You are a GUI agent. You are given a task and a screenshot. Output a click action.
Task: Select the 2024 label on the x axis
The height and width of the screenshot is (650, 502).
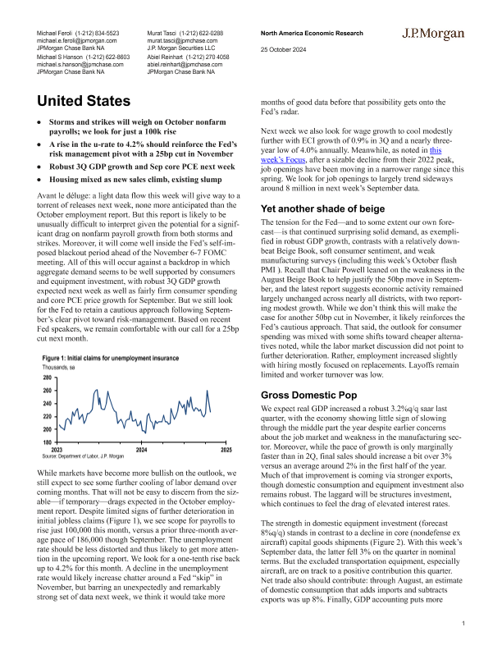click(x=141, y=451)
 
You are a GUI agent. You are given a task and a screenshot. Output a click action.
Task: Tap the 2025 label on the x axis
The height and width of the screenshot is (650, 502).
click(x=226, y=451)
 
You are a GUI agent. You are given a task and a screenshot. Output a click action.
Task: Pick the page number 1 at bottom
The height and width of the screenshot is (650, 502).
click(x=463, y=624)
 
